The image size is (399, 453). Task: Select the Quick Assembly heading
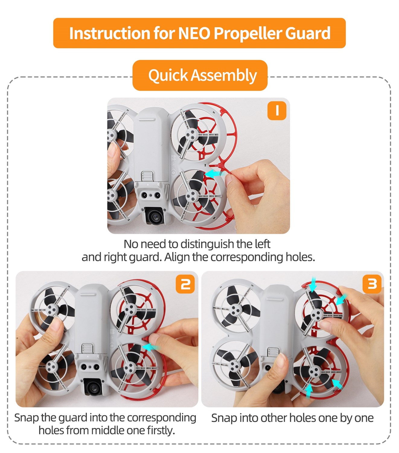click(202, 75)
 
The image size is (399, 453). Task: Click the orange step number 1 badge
click(277, 111)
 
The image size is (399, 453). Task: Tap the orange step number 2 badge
click(185, 284)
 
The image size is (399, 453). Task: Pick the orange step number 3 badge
click(372, 284)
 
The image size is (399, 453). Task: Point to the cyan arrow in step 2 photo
click(152, 347)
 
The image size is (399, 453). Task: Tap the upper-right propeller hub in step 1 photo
click(190, 135)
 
